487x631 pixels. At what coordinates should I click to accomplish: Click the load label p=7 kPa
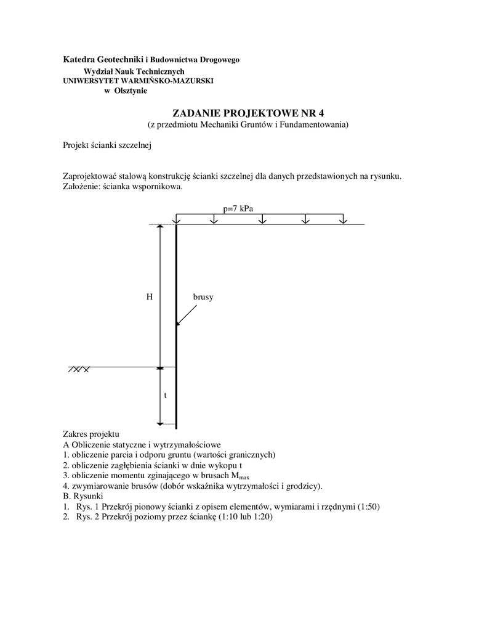pos(238,208)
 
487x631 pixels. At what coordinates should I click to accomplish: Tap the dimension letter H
pos(149,297)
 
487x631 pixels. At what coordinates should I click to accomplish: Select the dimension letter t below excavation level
pos(164,396)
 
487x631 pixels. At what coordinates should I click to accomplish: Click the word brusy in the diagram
pos(203,297)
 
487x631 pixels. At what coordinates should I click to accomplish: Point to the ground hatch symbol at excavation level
pos(79,369)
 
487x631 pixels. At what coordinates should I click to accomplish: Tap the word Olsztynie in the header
pos(131,91)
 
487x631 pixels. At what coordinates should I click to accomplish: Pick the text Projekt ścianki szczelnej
pos(107,146)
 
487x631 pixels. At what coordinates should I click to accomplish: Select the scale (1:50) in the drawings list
pos(368,507)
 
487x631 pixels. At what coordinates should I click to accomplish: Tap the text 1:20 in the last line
pos(260,517)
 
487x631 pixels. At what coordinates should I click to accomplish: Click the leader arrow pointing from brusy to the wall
pos(188,315)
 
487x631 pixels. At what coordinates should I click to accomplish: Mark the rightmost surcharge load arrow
pos(343,220)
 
